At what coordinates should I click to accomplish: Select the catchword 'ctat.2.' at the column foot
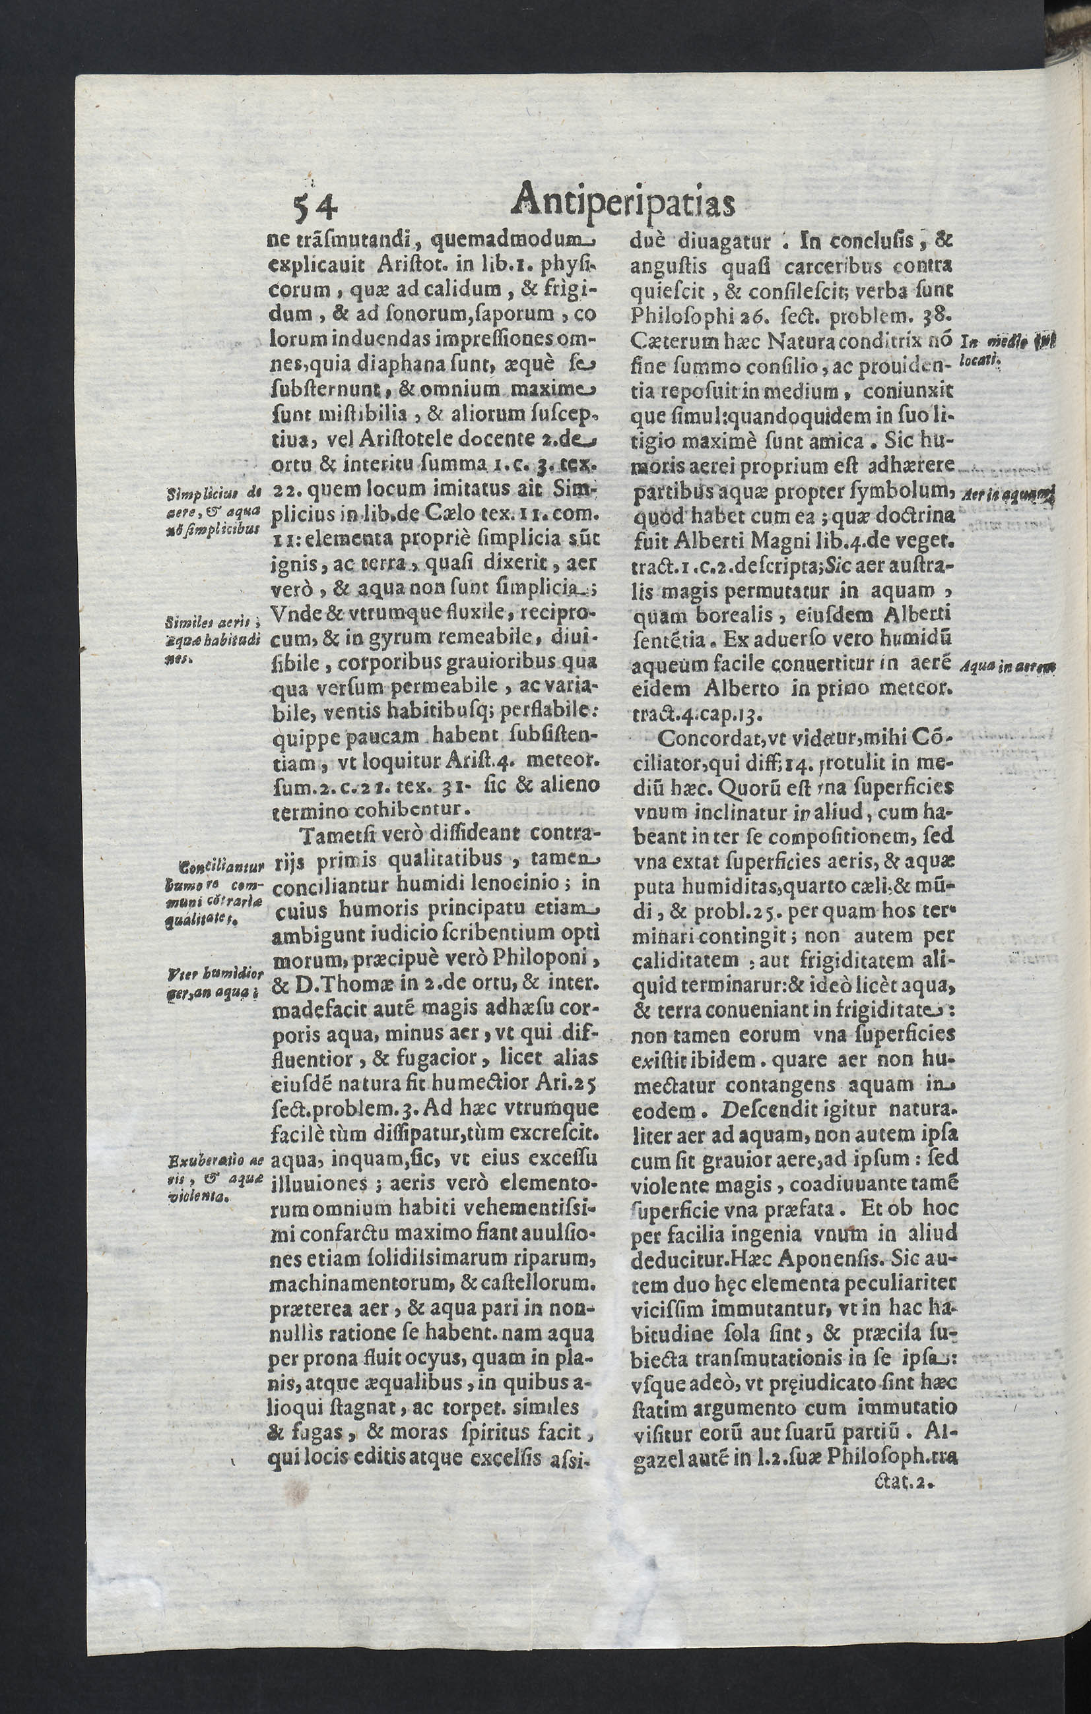[904, 1483]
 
